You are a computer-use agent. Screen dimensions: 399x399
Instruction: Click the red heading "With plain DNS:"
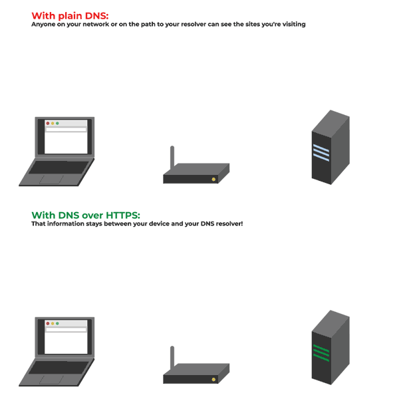pyautogui.click(x=69, y=15)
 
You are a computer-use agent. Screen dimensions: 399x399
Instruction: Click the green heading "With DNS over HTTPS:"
pyautogui.click(x=86, y=215)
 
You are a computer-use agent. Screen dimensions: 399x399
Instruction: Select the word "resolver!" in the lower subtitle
pyautogui.click(x=228, y=224)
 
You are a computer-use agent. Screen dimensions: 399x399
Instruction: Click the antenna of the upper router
pyautogui.click(x=172, y=158)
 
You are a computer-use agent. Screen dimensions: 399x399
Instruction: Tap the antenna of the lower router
pyautogui.click(x=172, y=358)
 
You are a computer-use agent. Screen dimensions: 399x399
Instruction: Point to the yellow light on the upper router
pyautogui.click(x=213, y=180)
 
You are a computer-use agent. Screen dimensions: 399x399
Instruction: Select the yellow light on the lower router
pyautogui.click(x=213, y=379)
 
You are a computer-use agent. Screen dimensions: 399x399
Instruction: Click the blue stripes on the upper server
pyautogui.click(x=321, y=153)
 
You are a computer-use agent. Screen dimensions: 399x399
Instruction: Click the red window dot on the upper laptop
pyautogui.click(x=48, y=124)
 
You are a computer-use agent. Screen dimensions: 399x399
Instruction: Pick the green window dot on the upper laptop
pyautogui.click(x=58, y=124)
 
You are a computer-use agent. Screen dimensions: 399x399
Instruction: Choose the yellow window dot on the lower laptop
pyautogui.click(x=53, y=323)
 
